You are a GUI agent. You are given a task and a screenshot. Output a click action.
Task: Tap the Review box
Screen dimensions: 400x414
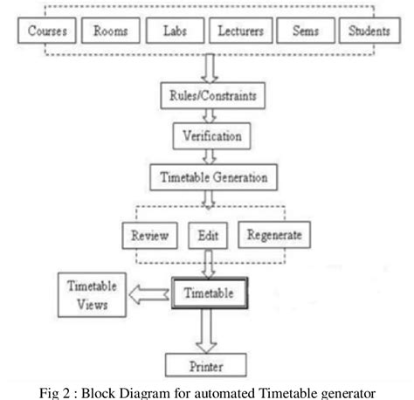coord(149,236)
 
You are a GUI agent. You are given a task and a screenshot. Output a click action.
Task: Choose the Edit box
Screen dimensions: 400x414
coord(207,236)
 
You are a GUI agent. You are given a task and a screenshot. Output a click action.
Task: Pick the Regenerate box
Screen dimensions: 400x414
coord(273,236)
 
